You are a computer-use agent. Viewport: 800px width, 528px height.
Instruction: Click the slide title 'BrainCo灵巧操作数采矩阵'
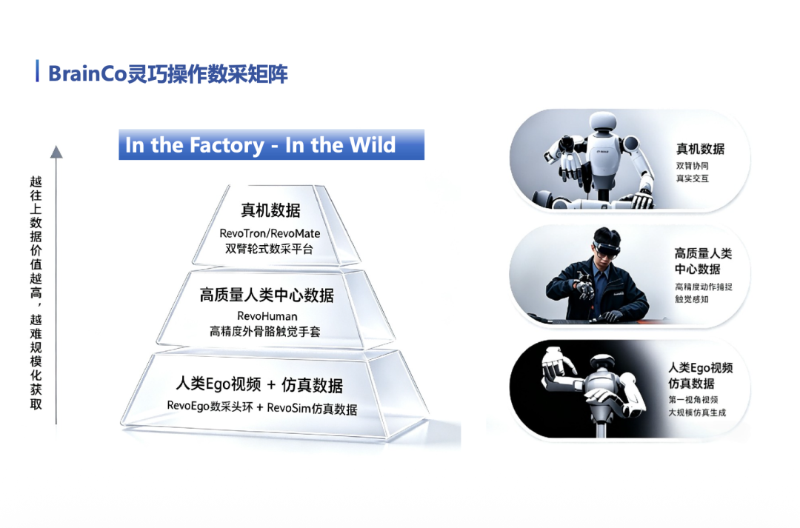pyautogui.click(x=168, y=73)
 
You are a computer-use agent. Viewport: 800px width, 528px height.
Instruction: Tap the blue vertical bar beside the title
pyautogui.click(x=37, y=71)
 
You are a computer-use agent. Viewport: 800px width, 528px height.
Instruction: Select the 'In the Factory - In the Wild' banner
pyautogui.click(x=271, y=144)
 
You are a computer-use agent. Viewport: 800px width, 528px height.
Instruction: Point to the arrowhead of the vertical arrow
pyautogui.click(x=56, y=152)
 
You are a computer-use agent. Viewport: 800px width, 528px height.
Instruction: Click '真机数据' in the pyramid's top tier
pyautogui.click(x=270, y=210)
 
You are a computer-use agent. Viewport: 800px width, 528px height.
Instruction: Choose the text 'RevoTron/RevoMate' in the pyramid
pyautogui.click(x=270, y=233)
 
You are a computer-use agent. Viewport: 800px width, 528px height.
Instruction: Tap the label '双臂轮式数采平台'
pyautogui.click(x=269, y=249)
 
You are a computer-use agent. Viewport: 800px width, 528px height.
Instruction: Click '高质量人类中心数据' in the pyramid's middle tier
pyautogui.click(x=267, y=295)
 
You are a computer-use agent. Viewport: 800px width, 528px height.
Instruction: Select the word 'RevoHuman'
pyautogui.click(x=267, y=316)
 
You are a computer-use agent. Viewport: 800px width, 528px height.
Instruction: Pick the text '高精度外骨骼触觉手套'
pyautogui.click(x=264, y=332)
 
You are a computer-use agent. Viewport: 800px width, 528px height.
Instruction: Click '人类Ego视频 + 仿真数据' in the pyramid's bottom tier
pyautogui.click(x=259, y=384)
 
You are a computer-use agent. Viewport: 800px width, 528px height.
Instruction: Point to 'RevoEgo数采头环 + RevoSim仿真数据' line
pyautogui.click(x=261, y=407)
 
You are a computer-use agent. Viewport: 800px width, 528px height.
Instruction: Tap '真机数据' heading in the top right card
pyautogui.click(x=700, y=149)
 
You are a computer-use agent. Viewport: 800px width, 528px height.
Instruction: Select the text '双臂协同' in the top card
pyautogui.click(x=693, y=166)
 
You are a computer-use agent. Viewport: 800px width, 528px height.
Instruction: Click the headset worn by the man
pyautogui.click(x=607, y=250)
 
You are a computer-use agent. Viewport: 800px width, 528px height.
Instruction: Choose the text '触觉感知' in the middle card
pyautogui.click(x=692, y=299)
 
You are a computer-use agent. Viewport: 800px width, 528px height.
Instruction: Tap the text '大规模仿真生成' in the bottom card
pyautogui.click(x=697, y=412)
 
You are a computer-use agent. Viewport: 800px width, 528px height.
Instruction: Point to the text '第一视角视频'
pyautogui.click(x=693, y=399)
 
